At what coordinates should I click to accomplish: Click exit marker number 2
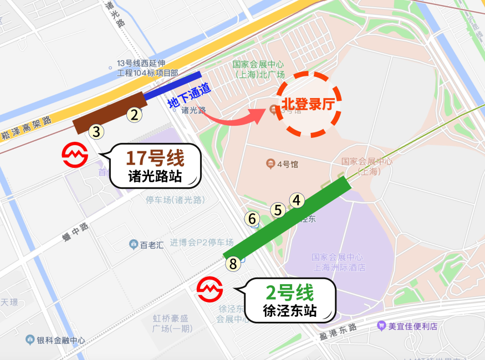[x=134, y=115]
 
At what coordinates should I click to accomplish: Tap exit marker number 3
[x=96, y=132]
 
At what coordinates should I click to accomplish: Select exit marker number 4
[x=297, y=200]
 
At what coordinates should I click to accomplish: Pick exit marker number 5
[x=278, y=210]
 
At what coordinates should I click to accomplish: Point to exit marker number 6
[x=253, y=219]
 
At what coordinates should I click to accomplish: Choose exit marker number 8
[x=233, y=264]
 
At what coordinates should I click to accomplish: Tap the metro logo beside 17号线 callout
[x=75, y=156]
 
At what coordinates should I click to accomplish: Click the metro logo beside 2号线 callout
[x=210, y=289]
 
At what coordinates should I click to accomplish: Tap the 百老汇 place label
[x=146, y=244]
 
